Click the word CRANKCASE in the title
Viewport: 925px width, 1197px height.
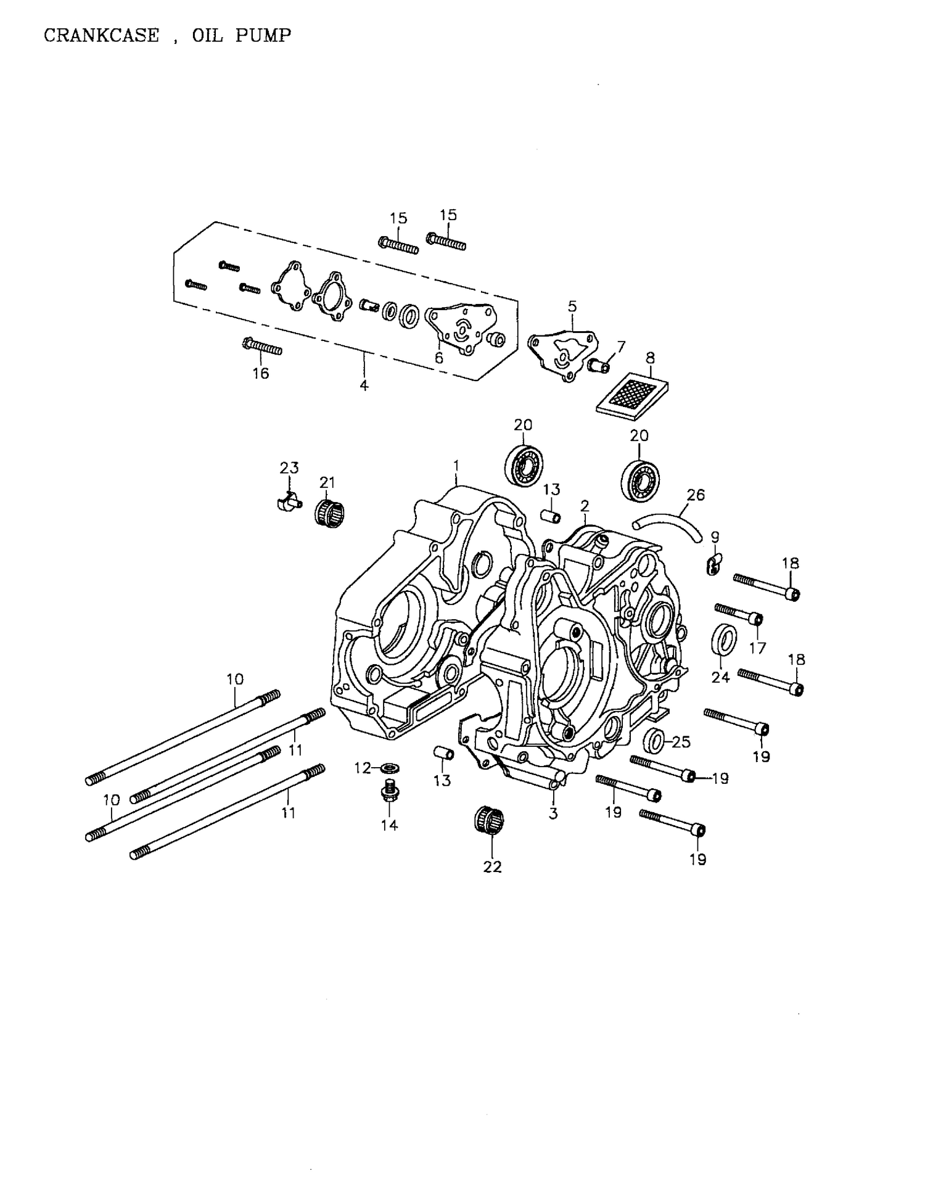point(101,36)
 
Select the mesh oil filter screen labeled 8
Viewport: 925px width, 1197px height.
point(633,393)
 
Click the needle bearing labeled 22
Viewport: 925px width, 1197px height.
point(489,820)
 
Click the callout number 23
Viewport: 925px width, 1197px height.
point(289,468)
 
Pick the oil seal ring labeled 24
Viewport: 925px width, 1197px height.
point(724,640)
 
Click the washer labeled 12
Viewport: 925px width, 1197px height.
point(389,768)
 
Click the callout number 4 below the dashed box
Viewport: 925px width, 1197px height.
point(364,385)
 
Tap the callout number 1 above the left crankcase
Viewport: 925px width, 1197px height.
point(456,463)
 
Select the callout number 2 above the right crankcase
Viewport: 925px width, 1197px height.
point(585,506)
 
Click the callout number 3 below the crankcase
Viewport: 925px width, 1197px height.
point(553,813)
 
